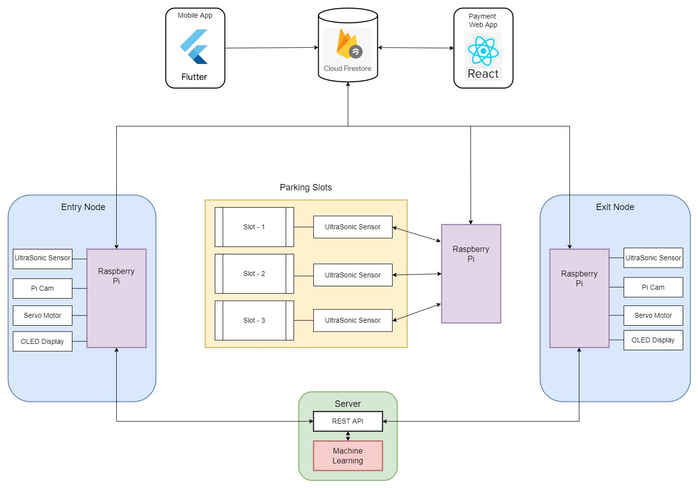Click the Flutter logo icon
coord(194,47)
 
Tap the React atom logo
coord(483,50)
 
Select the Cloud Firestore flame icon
coord(347,44)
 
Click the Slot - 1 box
coord(254,227)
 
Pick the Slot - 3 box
coord(254,320)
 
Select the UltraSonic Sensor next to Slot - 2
coord(353,275)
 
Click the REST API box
coord(348,421)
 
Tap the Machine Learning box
coord(348,456)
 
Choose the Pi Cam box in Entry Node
coord(42,288)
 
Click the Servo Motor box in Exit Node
coord(653,315)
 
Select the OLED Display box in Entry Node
coord(42,341)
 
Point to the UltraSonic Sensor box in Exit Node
coord(653,258)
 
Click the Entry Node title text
coord(83,207)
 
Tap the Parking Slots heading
coord(306,187)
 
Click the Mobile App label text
coord(195,15)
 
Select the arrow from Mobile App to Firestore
coord(271,48)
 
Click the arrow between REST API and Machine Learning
coord(348,436)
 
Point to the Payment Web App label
coord(483,20)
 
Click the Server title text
coord(348,404)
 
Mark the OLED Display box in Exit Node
coord(653,340)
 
